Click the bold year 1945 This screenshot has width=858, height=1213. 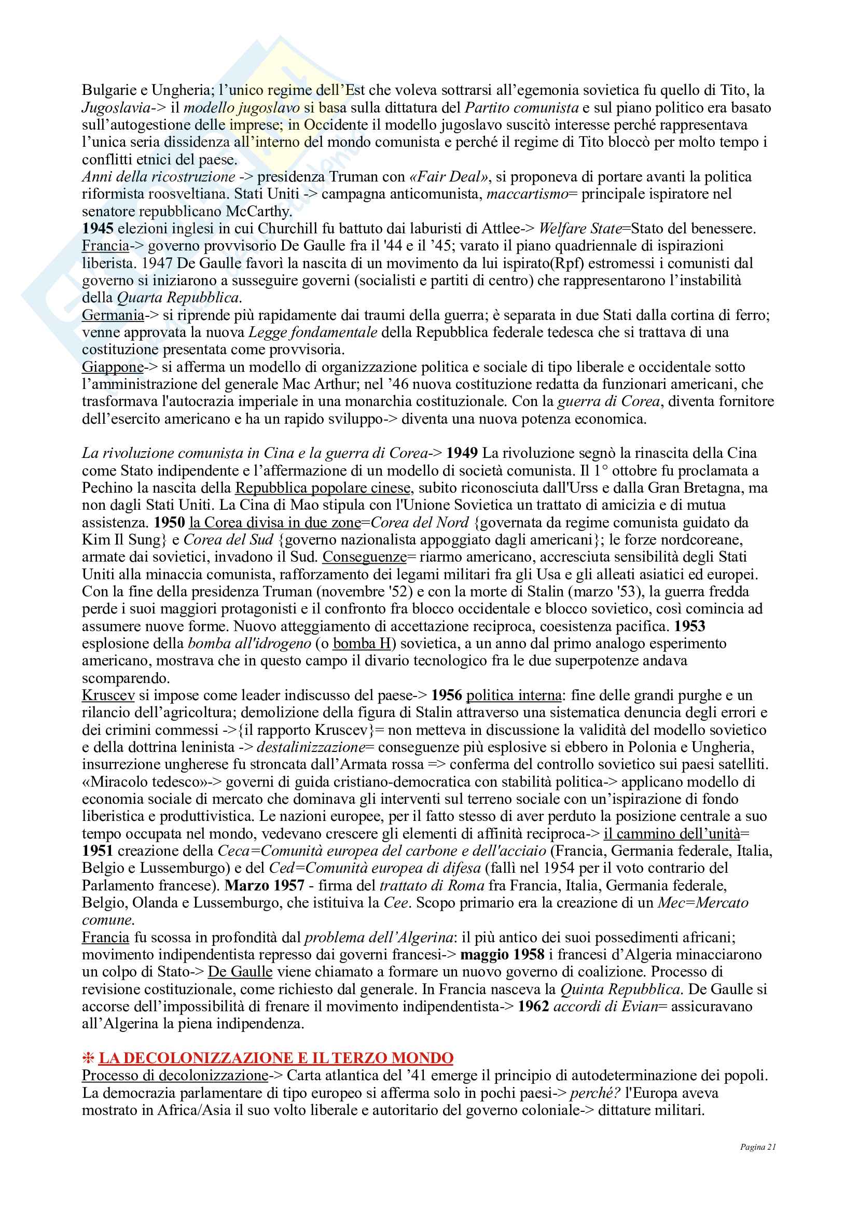click(98, 228)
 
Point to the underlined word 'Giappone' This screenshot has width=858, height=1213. click(113, 367)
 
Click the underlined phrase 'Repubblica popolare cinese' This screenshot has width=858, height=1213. click(322, 487)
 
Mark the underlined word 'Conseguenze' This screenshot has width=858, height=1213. click(365, 557)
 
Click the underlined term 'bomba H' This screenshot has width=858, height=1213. click(362, 644)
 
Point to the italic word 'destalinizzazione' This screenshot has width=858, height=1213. click(311, 747)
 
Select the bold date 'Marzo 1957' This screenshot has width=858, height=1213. click(265, 885)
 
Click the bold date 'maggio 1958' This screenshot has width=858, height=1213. click(502, 955)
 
